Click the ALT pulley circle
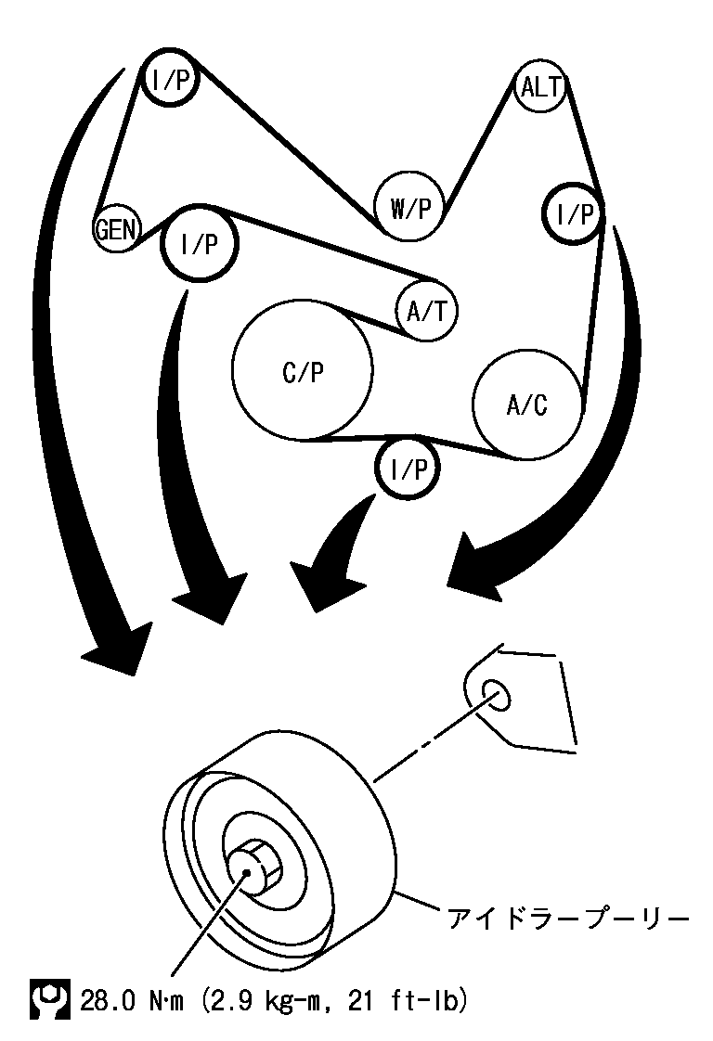[x=541, y=88]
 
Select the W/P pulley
[x=410, y=208]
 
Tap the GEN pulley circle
[x=116, y=229]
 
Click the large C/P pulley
[x=303, y=370]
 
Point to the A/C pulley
[x=527, y=404]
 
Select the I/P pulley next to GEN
[x=200, y=244]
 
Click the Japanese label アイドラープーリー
[x=568, y=919]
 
